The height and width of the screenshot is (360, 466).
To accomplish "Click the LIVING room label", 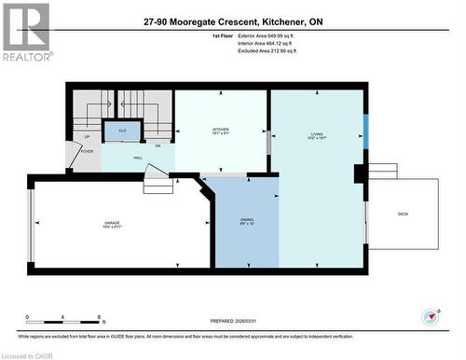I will click(x=317, y=136).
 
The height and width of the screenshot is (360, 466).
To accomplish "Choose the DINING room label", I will click(x=246, y=221).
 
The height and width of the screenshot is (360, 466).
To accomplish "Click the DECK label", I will click(x=403, y=214).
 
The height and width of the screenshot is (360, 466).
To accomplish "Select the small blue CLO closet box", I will click(x=122, y=132).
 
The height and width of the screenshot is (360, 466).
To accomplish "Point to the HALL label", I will click(x=137, y=159).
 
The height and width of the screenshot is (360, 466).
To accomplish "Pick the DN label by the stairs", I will click(x=158, y=146).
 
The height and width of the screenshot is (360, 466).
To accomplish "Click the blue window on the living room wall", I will click(x=365, y=132).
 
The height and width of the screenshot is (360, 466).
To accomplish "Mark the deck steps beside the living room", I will click(x=382, y=172).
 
